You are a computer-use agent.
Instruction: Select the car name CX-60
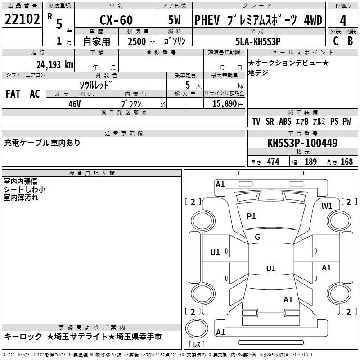(116, 21)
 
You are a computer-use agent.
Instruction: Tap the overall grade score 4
(343, 21)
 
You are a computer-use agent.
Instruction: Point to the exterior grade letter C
(335, 40)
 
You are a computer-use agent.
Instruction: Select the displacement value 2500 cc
(140, 41)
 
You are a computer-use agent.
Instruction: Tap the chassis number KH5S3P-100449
(302, 144)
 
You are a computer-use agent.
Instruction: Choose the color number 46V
(75, 103)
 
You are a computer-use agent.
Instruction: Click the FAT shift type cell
(13, 94)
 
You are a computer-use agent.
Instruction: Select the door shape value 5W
(175, 21)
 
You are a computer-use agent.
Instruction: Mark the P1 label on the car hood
(251, 216)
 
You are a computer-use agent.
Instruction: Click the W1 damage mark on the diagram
(327, 206)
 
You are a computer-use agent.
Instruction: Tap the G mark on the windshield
(257, 237)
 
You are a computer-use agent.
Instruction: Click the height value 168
(346, 162)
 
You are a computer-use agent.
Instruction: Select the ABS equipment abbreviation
(284, 122)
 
